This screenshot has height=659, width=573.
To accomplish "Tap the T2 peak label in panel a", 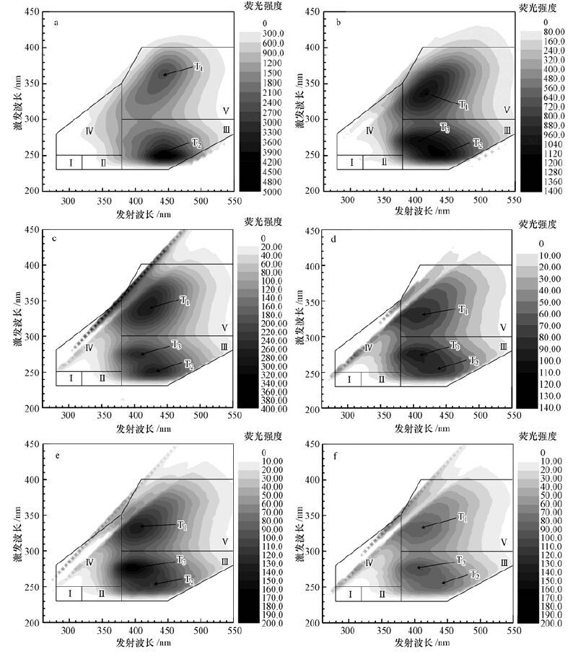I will [x=196, y=143].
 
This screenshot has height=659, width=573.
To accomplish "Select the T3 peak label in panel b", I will [x=445, y=128].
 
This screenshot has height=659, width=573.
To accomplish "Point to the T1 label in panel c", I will [x=185, y=300].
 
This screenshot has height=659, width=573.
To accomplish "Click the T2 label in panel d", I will [x=473, y=361].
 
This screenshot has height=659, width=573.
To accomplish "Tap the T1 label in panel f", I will [x=463, y=518].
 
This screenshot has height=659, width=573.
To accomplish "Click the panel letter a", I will [x=56, y=22].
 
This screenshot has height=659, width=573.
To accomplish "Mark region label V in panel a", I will [x=226, y=111].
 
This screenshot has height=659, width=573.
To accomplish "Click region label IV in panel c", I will [x=89, y=348].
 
